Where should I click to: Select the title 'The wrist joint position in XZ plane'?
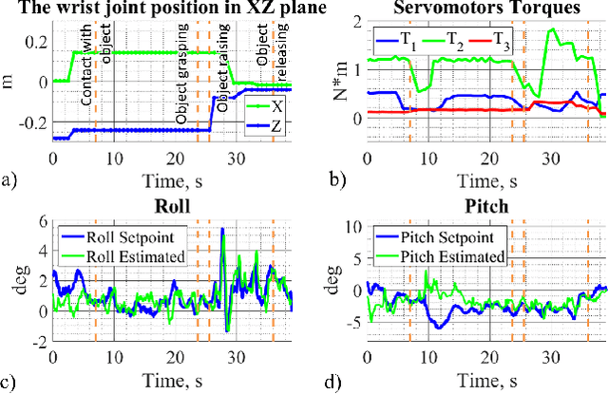click(x=164, y=9)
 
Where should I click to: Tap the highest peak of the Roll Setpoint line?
click(x=222, y=229)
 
